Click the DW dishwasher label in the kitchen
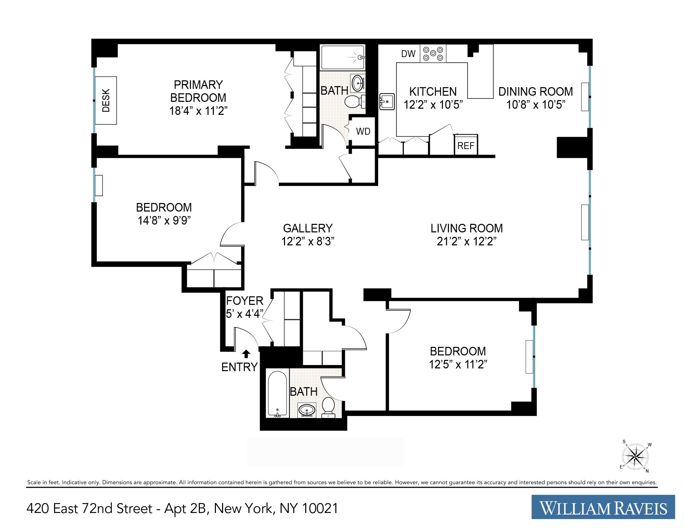point(408,54)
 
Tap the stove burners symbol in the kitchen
point(433,53)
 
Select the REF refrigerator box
point(466,145)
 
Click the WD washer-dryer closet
point(363,131)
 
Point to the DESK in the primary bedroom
point(106,100)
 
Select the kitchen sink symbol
point(387,101)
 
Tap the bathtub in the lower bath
point(278,394)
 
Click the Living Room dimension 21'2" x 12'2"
point(466,242)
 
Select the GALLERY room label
point(308,228)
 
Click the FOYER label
point(244,301)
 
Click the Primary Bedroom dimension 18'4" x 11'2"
point(198,111)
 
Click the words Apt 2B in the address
point(184,508)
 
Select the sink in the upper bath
point(358,83)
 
